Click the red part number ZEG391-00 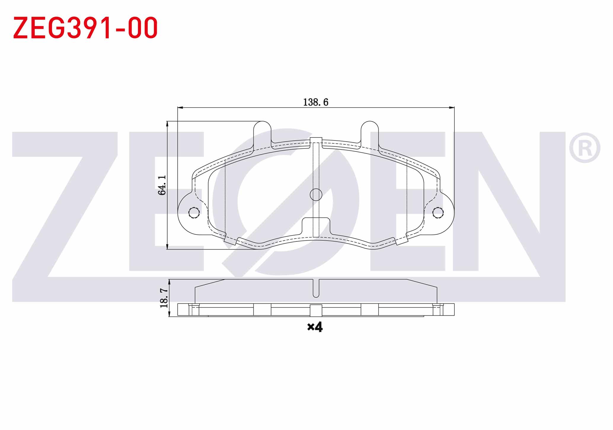[x=85, y=28]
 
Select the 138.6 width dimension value [x=316, y=102]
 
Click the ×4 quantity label [x=315, y=327]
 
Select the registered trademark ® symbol [x=585, y=148]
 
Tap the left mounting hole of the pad [x=194, y=212]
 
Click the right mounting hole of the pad [x=438, y=212]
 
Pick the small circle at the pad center [x=316, y=195]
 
